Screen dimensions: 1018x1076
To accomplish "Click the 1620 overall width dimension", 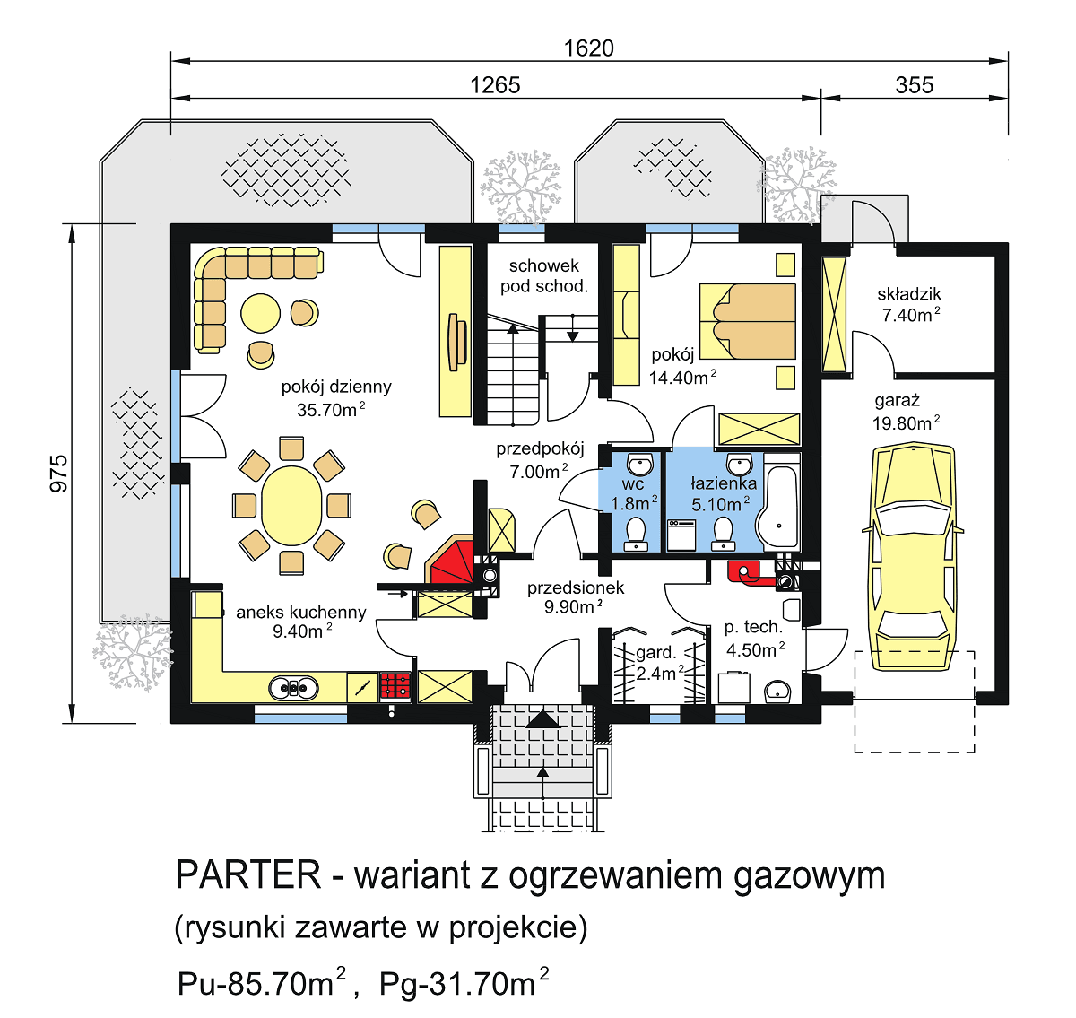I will pos(588,48).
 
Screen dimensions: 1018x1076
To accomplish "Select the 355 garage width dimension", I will pos(914,85).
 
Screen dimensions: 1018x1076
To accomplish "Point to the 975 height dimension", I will pos(58,473).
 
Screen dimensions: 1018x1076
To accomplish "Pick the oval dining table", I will pos(291,505).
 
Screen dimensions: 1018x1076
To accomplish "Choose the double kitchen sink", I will pos(294,688).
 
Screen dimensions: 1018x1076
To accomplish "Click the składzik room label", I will pos(909,294).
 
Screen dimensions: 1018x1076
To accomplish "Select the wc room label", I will pos(633,484).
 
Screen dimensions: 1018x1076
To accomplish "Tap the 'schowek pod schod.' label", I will pos(544,276).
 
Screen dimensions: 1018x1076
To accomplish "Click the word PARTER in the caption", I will pos(248,874).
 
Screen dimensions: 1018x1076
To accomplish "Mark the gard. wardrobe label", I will pos(656,653).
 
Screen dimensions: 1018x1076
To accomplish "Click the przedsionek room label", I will pos(576,588).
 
